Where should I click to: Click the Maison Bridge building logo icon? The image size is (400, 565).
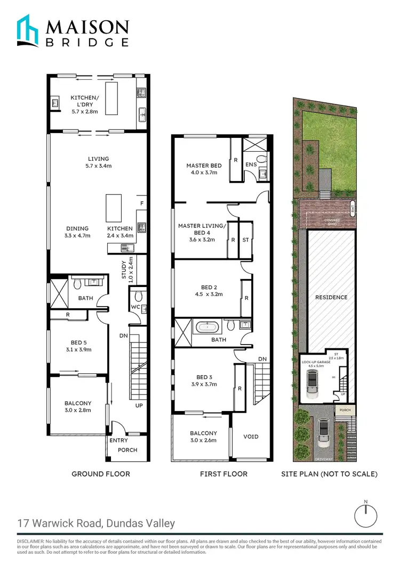[x=27, y=31]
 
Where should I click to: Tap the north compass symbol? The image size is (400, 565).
[x=365, y=515]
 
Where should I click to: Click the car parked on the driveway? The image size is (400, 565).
[x=323, y=432]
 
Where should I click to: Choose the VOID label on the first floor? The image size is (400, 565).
[x=251, y=437]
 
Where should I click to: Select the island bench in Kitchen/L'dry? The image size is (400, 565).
[x=111, y=98]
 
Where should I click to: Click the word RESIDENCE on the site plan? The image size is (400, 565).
[x=331, y=297]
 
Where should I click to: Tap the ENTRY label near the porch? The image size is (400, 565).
[x=118, y=440]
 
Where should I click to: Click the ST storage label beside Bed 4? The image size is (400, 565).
[x=245, y=240]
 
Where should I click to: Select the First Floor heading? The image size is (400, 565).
[x=223, y=473]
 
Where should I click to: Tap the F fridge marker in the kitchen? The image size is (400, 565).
[x=141, y=203]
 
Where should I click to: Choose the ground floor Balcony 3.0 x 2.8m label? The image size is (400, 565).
[x=78, y=406]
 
